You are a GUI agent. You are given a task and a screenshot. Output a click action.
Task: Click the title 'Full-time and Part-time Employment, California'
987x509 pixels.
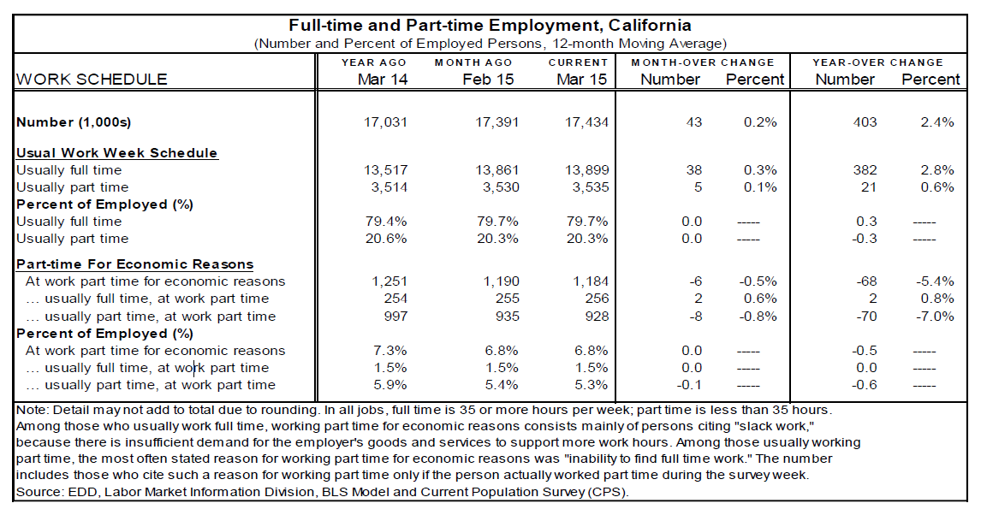(x=490, y=26)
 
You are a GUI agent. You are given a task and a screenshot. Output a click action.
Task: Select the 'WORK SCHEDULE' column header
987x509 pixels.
(x=92, y=80)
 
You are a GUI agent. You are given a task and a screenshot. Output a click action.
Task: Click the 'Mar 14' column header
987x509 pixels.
(x=382, y=80)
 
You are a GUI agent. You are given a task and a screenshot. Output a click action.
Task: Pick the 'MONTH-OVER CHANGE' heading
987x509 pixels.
(x=702, y=62)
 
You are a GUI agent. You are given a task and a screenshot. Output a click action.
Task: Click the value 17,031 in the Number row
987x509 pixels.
(x=385, y=122)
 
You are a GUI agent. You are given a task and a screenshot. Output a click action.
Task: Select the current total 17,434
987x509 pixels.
(x=587, y=122)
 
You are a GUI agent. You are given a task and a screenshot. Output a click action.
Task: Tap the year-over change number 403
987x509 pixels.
(x=865, y=122)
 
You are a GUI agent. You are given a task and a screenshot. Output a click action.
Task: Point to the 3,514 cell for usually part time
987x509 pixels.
(x=387, y=187)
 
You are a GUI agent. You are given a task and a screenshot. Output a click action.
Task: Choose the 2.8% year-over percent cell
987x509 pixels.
(x=937, y=170)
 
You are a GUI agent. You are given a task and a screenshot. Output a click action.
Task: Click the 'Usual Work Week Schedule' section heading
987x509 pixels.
(x=117, y=153)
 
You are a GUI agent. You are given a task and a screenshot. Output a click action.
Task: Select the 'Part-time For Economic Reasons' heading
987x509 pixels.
(x=135, y=264)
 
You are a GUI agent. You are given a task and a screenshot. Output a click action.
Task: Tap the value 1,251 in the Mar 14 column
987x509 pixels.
(x=387, y=281)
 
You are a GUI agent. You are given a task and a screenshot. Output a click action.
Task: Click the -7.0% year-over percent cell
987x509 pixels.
(x=936, y=317)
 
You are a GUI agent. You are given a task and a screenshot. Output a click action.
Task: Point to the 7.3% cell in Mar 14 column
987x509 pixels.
(x=390, y=351)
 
